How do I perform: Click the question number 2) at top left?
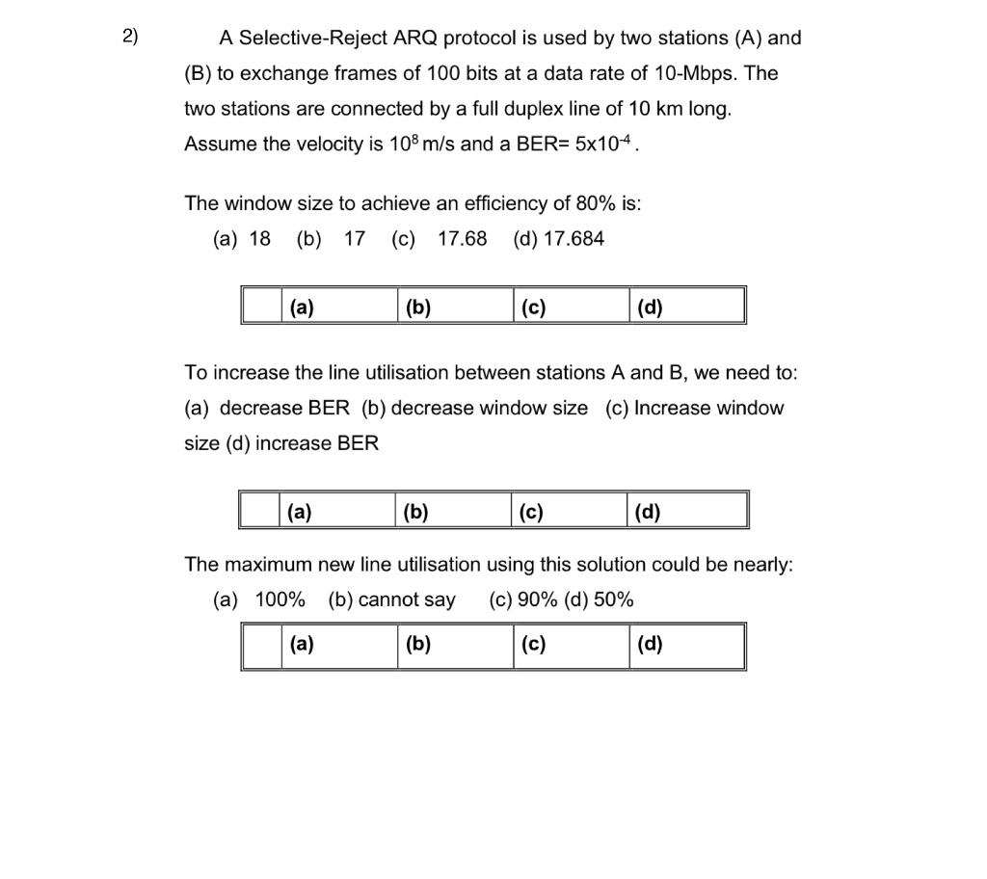click(131, 38)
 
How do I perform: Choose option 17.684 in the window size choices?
click(574, 239)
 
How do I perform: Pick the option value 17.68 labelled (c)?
click(463, 239)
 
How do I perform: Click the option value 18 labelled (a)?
click(260, 239)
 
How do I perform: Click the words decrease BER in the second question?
click(285, 408)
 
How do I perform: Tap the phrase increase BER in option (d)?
click(317, 443)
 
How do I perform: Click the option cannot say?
click(407, 599)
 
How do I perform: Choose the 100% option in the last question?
click(280, 599)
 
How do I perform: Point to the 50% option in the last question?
click(614, 599)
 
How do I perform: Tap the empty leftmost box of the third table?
click(260, 646)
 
